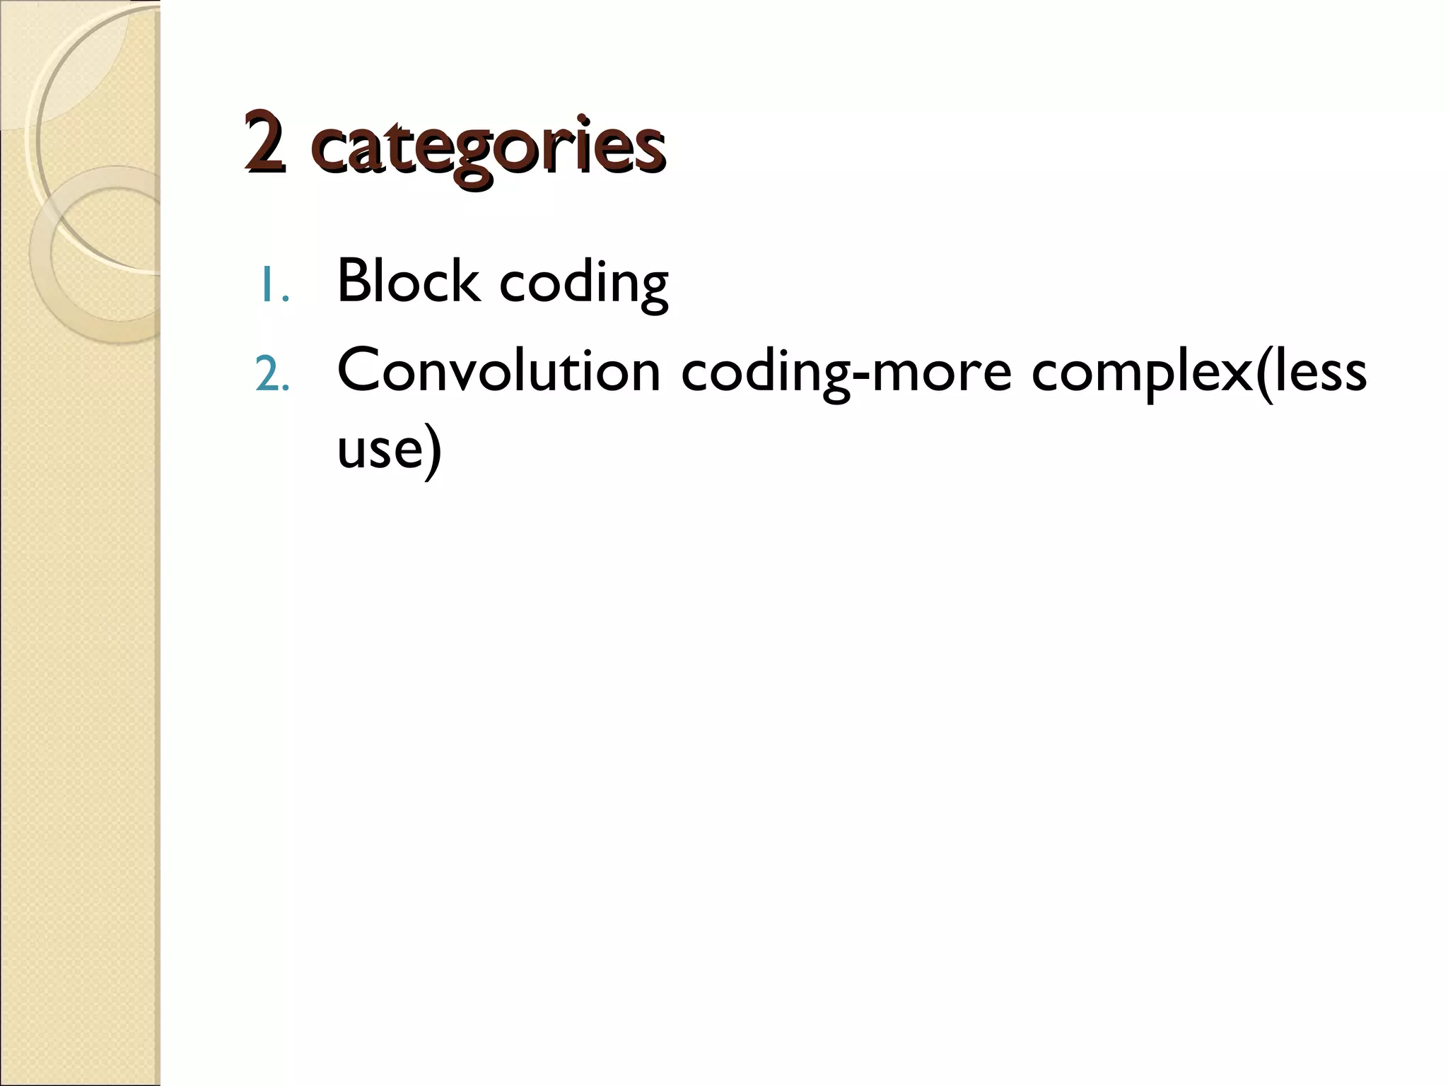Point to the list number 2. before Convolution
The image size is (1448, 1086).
(272, 375)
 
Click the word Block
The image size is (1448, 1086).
(408, 281)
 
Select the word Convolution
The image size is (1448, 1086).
(498, 370)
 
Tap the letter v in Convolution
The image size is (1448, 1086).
(474, 375)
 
